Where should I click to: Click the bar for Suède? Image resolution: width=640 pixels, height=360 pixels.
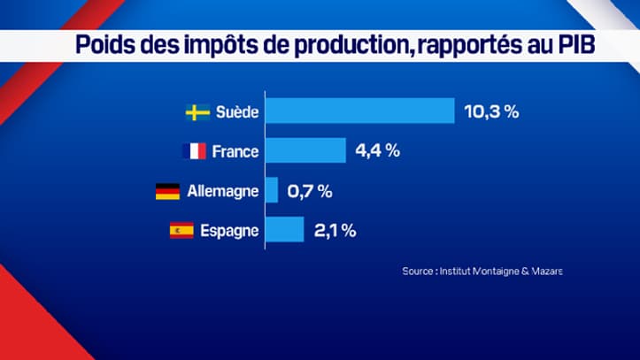tap(360, 111)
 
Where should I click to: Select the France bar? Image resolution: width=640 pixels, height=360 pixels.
tap(305, 150)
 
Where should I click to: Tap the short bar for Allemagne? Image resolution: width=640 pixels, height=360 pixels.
tap(272, 190)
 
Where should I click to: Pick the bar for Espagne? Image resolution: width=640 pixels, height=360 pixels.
tap(285, 230)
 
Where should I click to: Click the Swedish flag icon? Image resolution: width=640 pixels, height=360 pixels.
tap(197, 112)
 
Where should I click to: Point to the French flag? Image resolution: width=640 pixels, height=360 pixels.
tap(193, 151)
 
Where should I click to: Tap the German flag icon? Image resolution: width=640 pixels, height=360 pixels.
tap(167, 191)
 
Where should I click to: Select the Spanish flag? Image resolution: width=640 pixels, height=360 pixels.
tap(181, 231)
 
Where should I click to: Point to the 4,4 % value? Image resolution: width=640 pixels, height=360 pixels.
tap(378, 150)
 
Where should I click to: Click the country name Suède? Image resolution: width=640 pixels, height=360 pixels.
tap(237, 112)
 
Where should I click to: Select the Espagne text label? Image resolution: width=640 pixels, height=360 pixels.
tap(229, 231)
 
